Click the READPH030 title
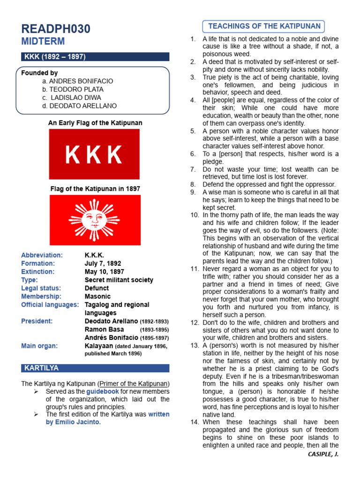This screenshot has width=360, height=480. pyautogui.click(x=56, y=29)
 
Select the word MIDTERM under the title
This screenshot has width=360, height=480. pyautogui.click(x=43, y=42)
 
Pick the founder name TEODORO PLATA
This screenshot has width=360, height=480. pyautogui.click(x=76, y=89)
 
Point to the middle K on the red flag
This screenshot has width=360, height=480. pyautogui.click(x=94, y=155)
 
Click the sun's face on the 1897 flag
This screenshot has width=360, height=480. pyautogui.click(x=94, y=219)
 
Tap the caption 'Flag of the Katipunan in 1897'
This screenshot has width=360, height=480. pyautogui.click(x=95, y=188)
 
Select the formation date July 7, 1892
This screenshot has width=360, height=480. pyautogui.click(x=103, y=263)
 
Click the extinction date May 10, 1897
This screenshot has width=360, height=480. pyautogui.click(x=104, y=271)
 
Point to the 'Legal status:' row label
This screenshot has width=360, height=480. pyautogui.click(x=41, y=288)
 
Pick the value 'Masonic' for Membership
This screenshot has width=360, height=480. pyautogui.click(x=97, y=296)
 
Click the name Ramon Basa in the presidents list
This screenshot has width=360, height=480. pyautogui.click(x=104, y=330)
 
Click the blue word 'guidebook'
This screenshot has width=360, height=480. pyautogui.click(x=103, y=391)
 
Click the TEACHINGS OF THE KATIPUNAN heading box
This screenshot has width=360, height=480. pyautogui.click(x=264, y=26)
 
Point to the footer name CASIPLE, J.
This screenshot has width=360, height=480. pyautogui.click(x=323, y=454)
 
